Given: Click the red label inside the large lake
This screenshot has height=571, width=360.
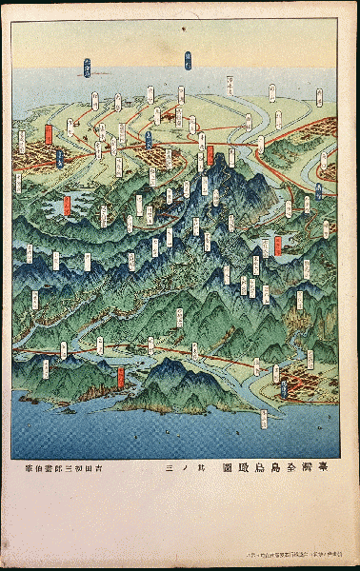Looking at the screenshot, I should point(67,205).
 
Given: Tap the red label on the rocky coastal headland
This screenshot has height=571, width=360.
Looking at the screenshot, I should point(120,376).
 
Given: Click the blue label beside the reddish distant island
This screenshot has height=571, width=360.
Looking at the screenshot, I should point(88,68).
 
